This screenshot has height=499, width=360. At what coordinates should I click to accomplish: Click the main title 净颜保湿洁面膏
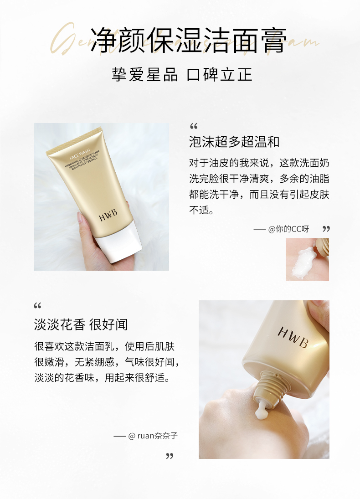pos(189,40)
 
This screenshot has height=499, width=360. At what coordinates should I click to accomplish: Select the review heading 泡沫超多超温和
pos(234,142)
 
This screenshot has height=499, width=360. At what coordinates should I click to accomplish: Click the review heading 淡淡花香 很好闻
pos(81,324)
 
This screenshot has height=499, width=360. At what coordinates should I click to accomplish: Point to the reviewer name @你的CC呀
pos(288,229)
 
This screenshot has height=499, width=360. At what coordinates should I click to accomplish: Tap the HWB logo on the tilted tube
pos(293,337)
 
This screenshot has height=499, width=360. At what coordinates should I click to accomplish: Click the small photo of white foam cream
pos(307,259)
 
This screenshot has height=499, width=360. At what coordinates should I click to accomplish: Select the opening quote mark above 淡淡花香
pos(38,305)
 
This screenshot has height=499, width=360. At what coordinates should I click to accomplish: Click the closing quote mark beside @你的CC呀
pos(326,229)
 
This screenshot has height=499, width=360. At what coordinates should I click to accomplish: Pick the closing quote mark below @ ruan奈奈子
pos(170,456)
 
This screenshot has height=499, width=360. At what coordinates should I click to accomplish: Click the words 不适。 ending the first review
pos(201,211)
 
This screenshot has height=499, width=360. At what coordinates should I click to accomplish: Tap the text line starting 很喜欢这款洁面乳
pos(104,346)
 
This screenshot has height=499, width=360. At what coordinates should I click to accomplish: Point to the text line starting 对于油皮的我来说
pos(259,163)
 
